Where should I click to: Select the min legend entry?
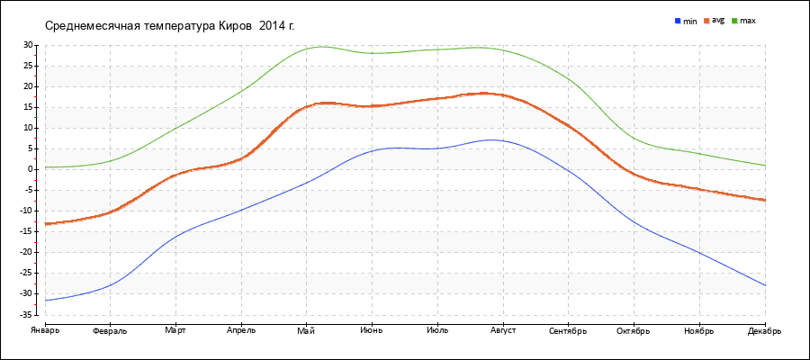[685, 20]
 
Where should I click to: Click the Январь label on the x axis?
[44, 331]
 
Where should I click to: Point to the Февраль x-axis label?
[110, 331]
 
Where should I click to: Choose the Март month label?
[175, 331]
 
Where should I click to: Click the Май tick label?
[306, 331]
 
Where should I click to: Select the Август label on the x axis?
[502, 331]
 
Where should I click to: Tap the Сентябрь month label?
[568, 331]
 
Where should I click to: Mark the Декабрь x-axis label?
[764, 331]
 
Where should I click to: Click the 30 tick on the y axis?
[29, 45]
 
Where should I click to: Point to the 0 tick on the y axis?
[31, 169]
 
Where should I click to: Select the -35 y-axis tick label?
[27, 314]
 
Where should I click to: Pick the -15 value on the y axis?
[27, 231]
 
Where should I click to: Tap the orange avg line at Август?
[502, 94]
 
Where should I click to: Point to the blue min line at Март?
[175, 236]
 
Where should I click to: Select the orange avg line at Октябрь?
[634, 174]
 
